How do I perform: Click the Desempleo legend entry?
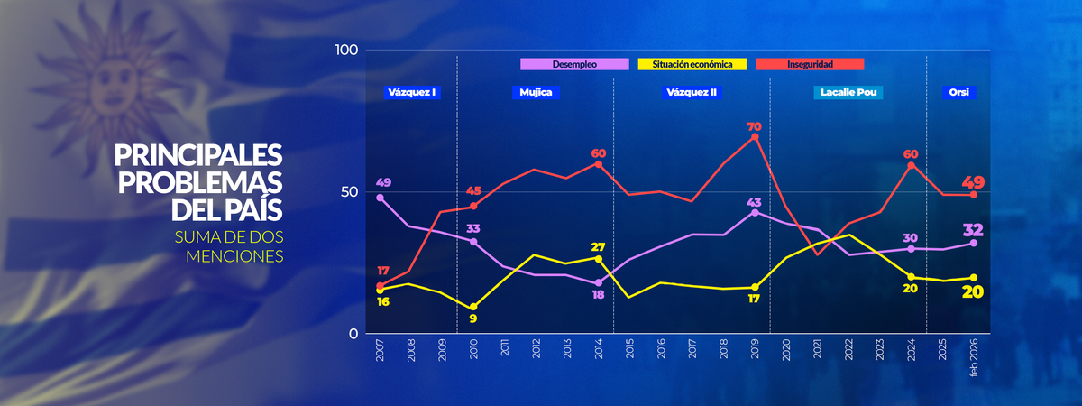click(x=575, y=64)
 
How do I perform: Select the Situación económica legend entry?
click(x=692, y=64)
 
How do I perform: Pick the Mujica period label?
click(x=536, y=92)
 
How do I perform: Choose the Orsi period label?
click(x=958, y=92)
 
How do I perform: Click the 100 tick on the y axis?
click(x=346, y=50)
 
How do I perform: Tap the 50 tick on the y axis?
click(x=350, y=192)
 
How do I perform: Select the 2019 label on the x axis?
click(x=755, y=351)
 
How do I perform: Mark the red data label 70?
click(x=755, y=127)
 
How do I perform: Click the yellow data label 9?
click(x=472, y=318)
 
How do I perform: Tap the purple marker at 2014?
click(x=599, y=283)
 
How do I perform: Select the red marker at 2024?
click(x=912, y=165)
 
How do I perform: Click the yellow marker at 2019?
click(x=755, y=287)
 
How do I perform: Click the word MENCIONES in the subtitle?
click(x=235, y=256)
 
